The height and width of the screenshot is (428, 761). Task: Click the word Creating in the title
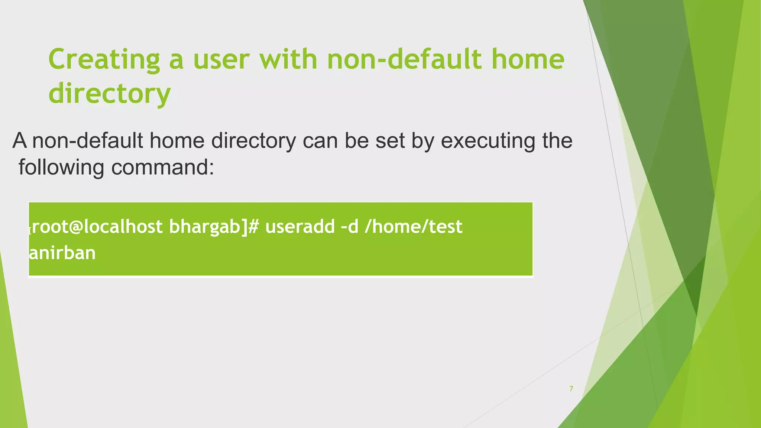104,59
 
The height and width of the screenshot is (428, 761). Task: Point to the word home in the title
528,59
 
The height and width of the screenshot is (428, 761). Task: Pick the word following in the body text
61,167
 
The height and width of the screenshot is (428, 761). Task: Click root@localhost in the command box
97,227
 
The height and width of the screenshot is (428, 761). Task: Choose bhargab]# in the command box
214,227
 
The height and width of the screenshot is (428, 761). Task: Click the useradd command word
300,227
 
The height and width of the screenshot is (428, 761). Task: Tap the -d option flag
350,227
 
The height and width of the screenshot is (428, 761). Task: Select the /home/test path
414,227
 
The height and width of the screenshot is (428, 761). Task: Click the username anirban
62,253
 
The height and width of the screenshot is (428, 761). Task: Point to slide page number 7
571,389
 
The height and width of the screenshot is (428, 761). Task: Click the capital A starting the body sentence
20,141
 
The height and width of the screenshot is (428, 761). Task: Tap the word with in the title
288,59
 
